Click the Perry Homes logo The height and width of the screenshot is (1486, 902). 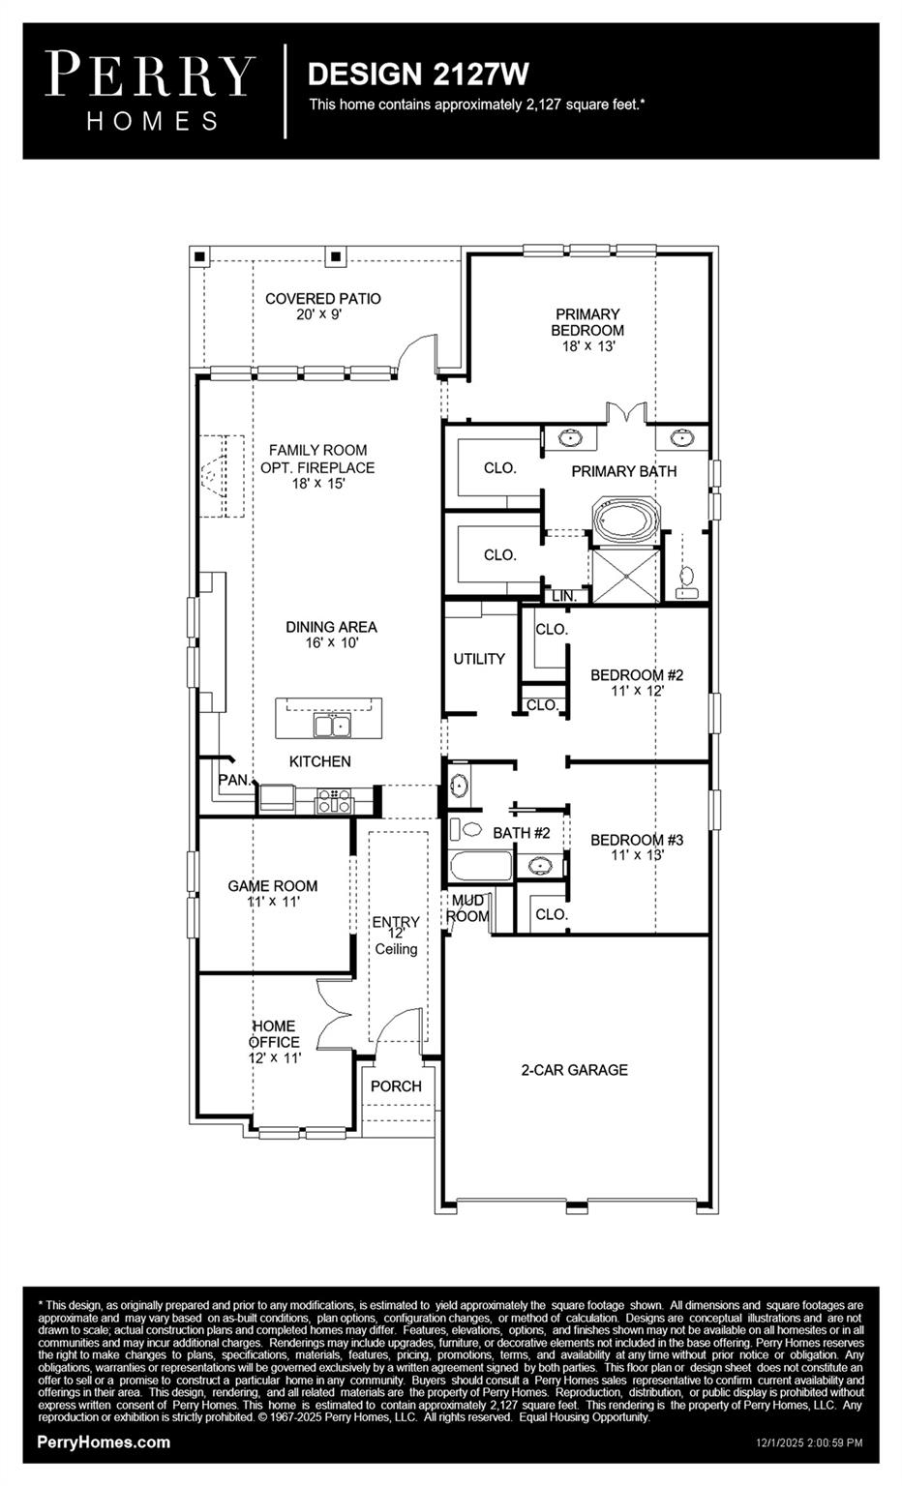[150, 91]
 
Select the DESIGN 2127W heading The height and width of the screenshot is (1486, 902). [418, 74]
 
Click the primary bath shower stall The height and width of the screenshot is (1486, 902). [625, 577]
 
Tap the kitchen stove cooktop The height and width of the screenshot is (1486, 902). [334, 800]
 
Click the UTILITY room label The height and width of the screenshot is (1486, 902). [479, 659]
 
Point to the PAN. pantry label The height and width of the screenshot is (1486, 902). [233, 780]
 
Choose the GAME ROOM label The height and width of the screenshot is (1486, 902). [272, 885]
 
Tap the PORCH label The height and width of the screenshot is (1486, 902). [396, 1086]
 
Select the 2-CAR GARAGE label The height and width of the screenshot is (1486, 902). [574, 1070]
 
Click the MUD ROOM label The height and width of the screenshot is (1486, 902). [467, 908]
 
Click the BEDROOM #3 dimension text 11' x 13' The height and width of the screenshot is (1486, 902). [637, 855]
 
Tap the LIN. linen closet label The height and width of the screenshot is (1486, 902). [563, 597]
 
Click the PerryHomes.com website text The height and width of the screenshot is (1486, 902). [104, 1442]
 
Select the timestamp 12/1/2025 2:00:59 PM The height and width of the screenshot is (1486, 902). [808, 1442]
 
